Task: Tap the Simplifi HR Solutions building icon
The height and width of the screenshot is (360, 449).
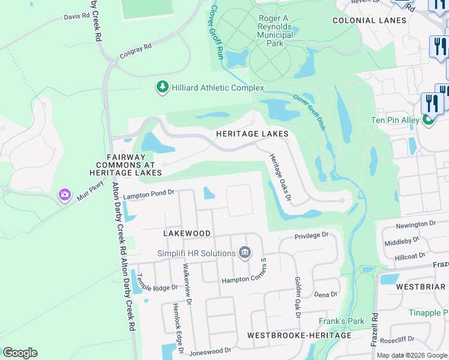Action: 244,253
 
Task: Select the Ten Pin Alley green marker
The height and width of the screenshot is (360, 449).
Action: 429,120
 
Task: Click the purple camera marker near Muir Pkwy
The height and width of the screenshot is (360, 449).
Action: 64,195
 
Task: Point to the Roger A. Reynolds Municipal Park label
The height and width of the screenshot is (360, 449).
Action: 276,27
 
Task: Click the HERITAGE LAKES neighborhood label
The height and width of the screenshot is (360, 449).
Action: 253,133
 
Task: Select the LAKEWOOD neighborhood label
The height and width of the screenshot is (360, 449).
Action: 187,233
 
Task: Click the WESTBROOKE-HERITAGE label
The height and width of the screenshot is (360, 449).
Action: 299,335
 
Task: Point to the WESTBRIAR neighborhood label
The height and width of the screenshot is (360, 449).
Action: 421,287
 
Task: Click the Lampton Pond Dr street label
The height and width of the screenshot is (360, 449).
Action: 148,194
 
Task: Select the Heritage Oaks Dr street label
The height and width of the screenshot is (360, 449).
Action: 280,176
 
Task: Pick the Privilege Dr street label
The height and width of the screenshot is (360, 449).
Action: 312,236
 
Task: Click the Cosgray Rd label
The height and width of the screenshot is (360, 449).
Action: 136,50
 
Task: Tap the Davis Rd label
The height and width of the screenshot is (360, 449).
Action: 76,17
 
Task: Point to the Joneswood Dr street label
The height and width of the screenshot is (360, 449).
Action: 210,350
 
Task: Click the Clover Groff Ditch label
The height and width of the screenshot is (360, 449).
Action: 309,113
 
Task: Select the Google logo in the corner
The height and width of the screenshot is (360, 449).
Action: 20,353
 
